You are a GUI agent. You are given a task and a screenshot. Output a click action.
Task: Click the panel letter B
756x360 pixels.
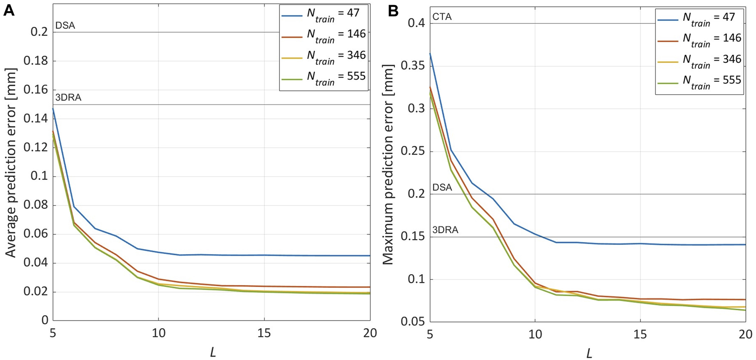[393, 11]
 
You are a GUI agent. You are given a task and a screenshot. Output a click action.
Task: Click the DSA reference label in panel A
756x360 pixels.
[65, 26]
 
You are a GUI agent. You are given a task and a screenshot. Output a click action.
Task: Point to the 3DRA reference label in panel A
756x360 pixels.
[68, 98]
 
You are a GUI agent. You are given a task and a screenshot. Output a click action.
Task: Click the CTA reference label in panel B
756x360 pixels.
[442, 17]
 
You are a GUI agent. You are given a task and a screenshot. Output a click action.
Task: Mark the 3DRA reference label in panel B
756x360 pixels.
[445, 230]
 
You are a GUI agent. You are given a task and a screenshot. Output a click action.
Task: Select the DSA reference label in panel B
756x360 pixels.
[442, 188]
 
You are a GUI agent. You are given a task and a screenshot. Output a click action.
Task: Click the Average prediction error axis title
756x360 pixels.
[10, 162]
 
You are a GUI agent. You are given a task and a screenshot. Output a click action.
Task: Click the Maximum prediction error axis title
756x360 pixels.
[387, 164]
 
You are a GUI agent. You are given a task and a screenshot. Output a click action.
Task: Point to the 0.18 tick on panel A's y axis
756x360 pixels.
[35, 61]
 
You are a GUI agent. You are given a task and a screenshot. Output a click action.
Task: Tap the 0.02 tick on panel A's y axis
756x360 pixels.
[35, 292]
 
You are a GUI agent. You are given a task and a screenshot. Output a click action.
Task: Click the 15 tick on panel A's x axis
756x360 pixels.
[264, 333]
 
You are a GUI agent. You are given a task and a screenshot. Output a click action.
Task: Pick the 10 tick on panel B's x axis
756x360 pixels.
[535, 335]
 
